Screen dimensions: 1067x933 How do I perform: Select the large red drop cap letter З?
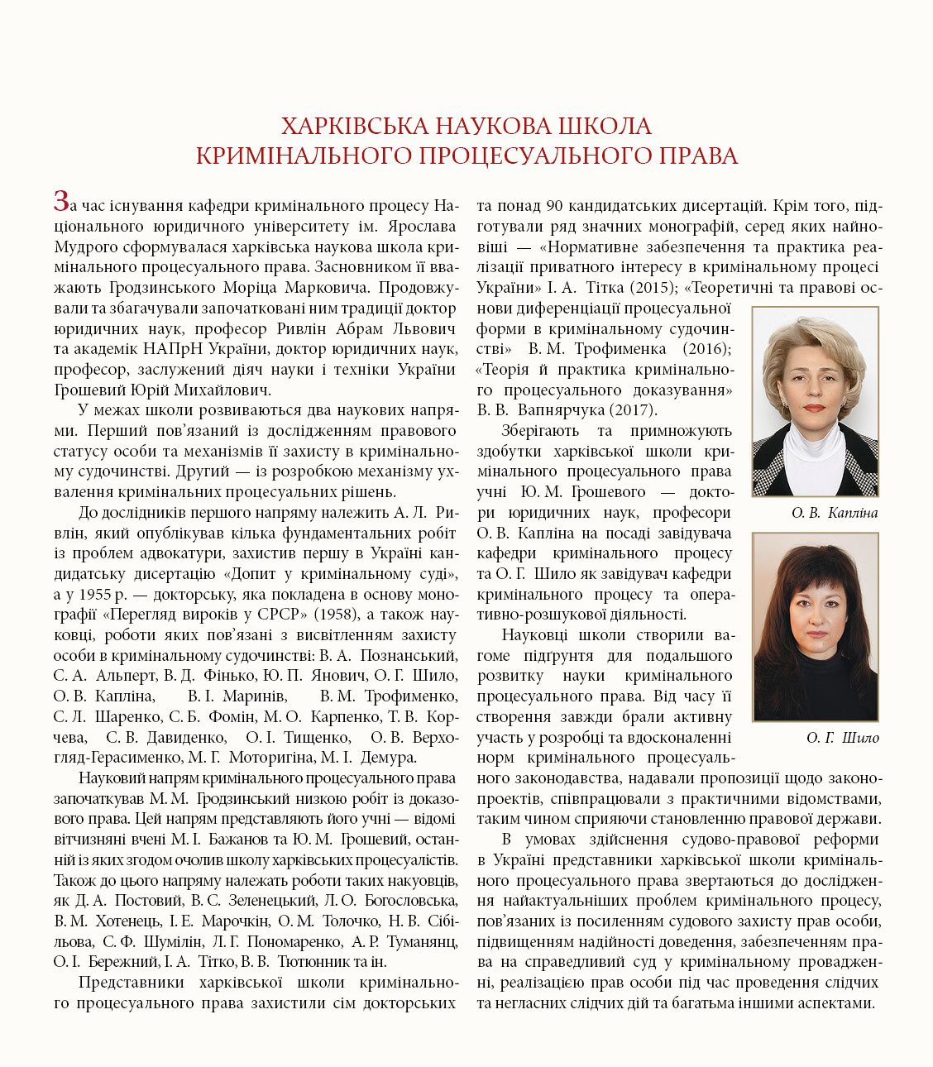tap(61, 200)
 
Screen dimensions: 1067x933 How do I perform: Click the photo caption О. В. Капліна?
tap(834, 513)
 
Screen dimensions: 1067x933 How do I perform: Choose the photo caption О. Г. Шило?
tap(842, 738)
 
